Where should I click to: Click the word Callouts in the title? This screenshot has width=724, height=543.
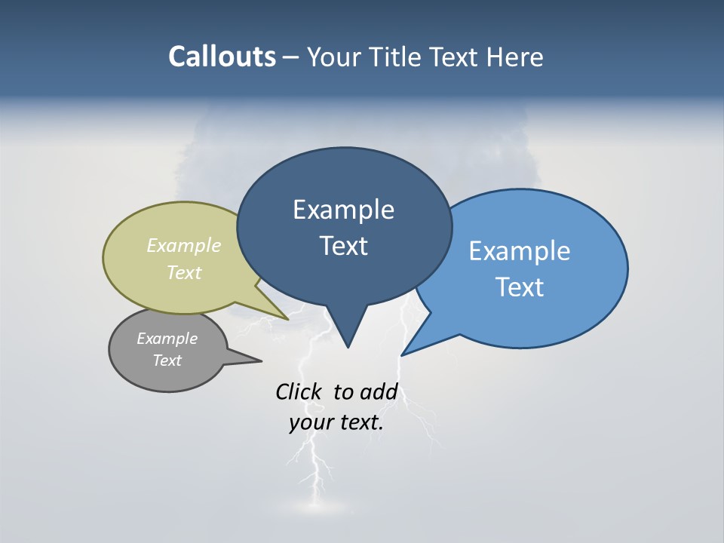222,57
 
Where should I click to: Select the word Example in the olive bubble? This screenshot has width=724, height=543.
184,245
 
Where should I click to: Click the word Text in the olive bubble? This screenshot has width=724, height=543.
184,272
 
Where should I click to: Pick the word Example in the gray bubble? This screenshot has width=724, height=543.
167,339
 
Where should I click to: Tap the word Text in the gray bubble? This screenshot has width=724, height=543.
167,360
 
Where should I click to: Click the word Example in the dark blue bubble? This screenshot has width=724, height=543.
343,210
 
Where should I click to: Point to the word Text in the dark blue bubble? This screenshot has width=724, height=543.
343,246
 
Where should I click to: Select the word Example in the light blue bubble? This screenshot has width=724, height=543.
520,251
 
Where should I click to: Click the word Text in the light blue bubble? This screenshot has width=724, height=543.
520,287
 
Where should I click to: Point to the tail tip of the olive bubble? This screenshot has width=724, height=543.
287,318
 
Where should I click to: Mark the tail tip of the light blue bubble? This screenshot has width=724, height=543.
403,354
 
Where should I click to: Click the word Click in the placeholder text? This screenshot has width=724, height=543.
298,392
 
